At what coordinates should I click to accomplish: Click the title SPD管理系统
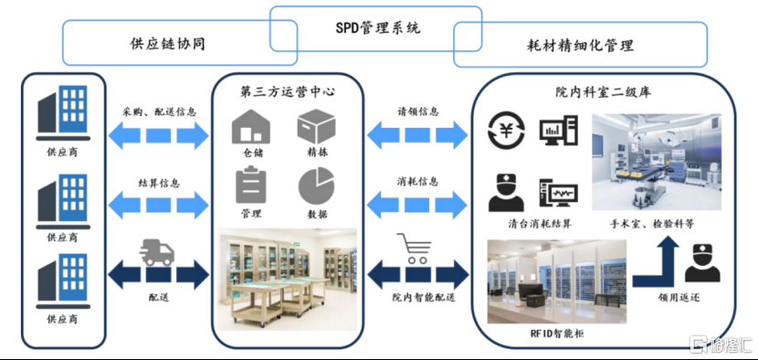click(377, 27)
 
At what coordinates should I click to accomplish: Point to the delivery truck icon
click(158, 250)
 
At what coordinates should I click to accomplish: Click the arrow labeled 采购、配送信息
click(158, 135)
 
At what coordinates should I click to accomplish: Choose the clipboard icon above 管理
click(250, 185)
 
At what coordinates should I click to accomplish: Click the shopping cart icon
click(413, 249)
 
